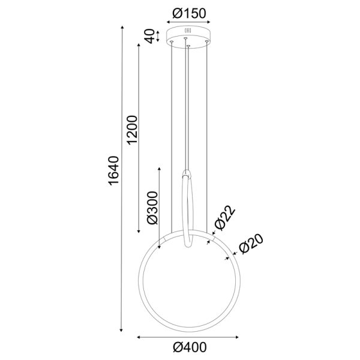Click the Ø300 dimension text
click(152, 208)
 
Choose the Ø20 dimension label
click(247, 245)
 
